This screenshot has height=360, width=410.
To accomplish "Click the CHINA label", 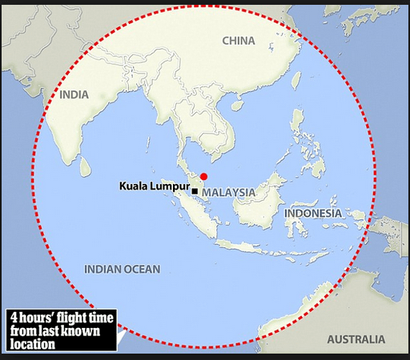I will pyautogui.click(x=239, y=41).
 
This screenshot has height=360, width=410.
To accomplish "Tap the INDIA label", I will pyautogui.click(x=74, y=94).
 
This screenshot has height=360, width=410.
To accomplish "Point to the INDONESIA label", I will pyautogui.click(x=313, y=214).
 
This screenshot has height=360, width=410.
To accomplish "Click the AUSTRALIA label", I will pyautogui.click(x=356, y=338).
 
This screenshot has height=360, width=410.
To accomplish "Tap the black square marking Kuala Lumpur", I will pyautogui.click(x=195, y=191).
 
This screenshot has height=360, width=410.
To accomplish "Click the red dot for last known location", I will pyautogui.click(x=203, y=176).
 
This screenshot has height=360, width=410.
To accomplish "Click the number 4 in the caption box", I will pyautogui.click(x=14, y=318).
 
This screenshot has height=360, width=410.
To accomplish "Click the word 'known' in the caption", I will pyautogui.click(x=92, y=331).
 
